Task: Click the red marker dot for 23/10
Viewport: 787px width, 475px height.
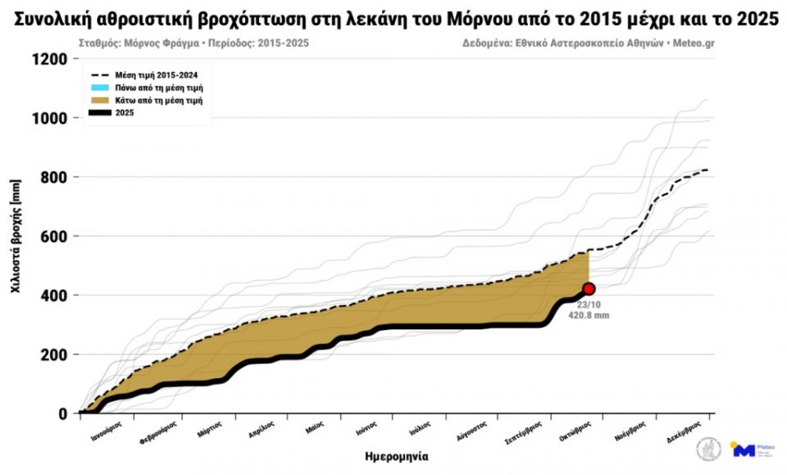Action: point(589,288)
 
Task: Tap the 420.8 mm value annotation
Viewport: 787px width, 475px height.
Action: point(588,314)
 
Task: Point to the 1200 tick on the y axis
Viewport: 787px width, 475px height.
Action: point(50,59)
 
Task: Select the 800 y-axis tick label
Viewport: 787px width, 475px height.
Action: point(54,177)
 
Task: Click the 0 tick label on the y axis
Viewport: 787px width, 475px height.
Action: point(62,414)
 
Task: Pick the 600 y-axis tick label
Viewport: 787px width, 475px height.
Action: point(54,237)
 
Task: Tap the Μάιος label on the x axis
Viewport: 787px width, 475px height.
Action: point(315,427)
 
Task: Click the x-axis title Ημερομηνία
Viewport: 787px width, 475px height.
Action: point(397,456)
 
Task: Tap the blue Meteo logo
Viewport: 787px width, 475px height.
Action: point(743,450)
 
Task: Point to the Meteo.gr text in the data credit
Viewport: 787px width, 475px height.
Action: point(690,41)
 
